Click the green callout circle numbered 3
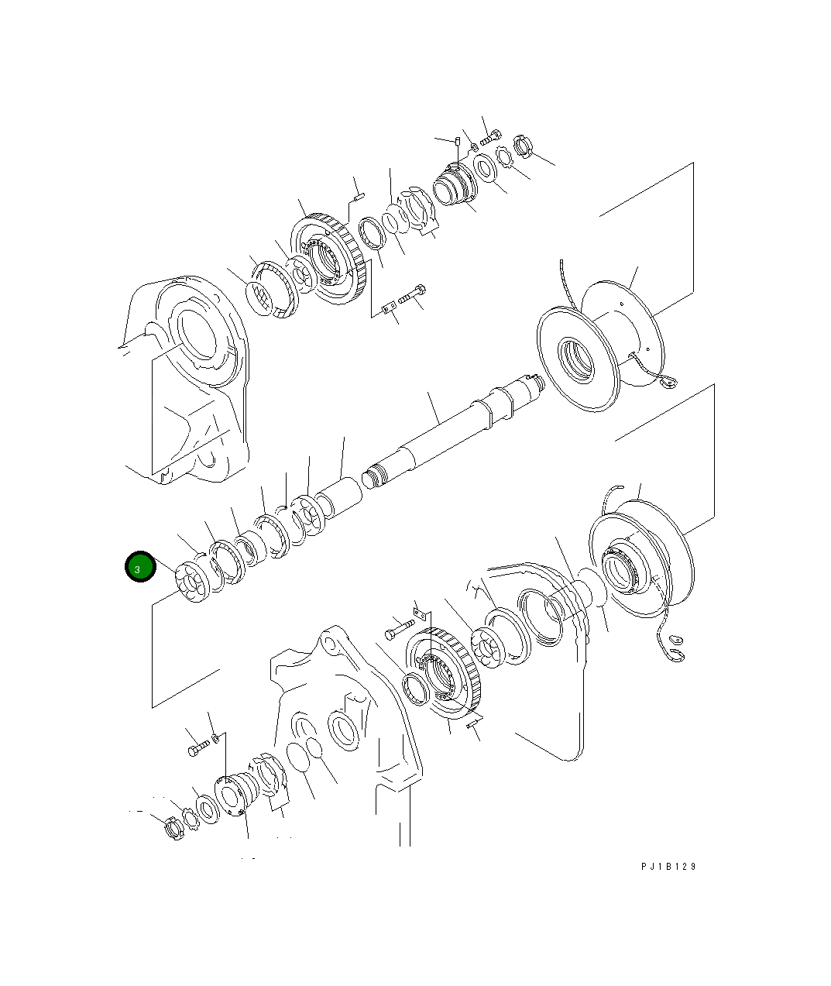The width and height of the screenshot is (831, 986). pos(140,567)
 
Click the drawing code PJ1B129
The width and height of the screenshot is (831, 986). pos(668,867)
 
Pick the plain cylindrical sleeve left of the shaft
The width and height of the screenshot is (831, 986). pos(338,499)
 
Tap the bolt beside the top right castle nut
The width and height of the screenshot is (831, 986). pos(491,137)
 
